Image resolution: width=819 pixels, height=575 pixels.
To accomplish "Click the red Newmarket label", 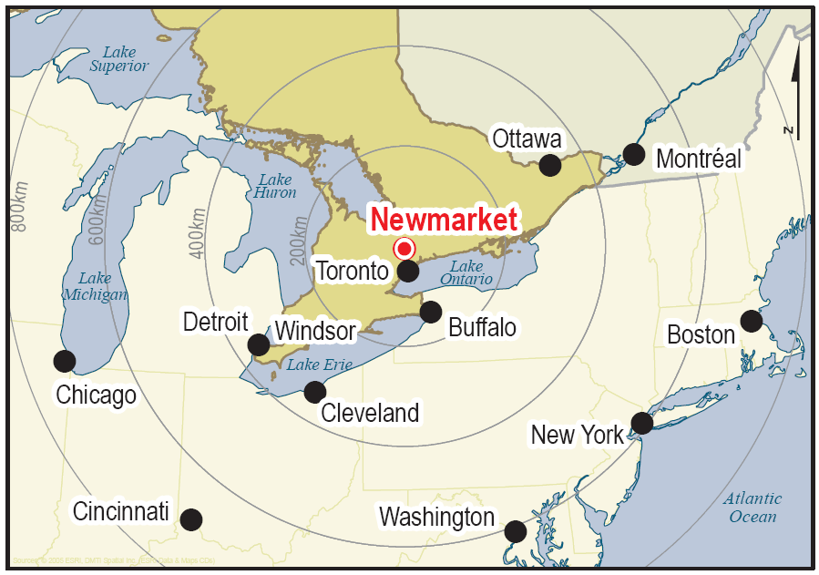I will [x=444, y=220].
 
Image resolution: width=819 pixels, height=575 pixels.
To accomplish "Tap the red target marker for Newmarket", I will [x=404, y=248].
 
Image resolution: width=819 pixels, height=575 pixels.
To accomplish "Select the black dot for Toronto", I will [x=408, y=271].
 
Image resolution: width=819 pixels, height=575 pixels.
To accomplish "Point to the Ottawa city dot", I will [x=549, y=165].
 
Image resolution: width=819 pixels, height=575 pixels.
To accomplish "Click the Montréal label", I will [x=699, y=159].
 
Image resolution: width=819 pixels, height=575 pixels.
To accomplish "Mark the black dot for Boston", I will [x=751, y=321].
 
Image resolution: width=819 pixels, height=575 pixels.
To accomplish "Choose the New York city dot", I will [x=642, y=423].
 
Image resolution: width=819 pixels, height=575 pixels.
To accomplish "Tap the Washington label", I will [x=436, y=518].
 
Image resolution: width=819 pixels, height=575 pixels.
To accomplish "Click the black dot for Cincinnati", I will [x=190, y=519].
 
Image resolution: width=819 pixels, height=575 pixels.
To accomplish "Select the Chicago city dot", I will [x=64, y=361].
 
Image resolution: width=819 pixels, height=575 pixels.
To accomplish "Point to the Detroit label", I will [x=216, y=322].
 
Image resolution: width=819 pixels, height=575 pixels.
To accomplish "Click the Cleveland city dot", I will [x=314, y=392].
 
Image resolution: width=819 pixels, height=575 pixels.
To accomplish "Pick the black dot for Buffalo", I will [x=430, y=312].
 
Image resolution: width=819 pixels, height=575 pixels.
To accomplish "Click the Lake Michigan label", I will [x=95, y=286].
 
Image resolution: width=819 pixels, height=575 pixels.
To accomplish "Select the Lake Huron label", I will [x=275, y=186].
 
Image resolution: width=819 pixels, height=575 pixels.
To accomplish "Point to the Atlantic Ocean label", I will [x=752, y=508].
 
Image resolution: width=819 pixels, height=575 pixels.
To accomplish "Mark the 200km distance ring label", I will [x=299, y=241].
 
